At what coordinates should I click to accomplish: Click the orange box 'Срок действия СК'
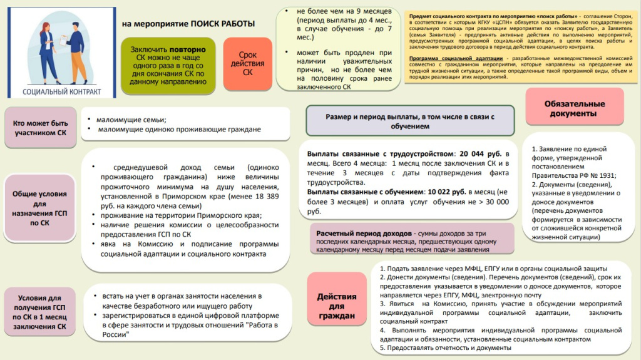click(247, 64)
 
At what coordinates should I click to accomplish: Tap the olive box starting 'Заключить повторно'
click(168, 66)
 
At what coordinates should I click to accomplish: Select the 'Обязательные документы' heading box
click(575, 108)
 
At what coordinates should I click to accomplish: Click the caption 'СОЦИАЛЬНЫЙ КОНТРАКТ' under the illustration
click(62, 91)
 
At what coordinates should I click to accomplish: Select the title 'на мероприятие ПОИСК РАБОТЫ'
click(188, 24)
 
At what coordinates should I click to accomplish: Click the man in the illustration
click(76, 53)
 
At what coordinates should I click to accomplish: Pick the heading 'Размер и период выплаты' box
click(410, 121)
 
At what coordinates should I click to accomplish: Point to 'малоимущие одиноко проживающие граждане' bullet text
click(179, 130)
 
